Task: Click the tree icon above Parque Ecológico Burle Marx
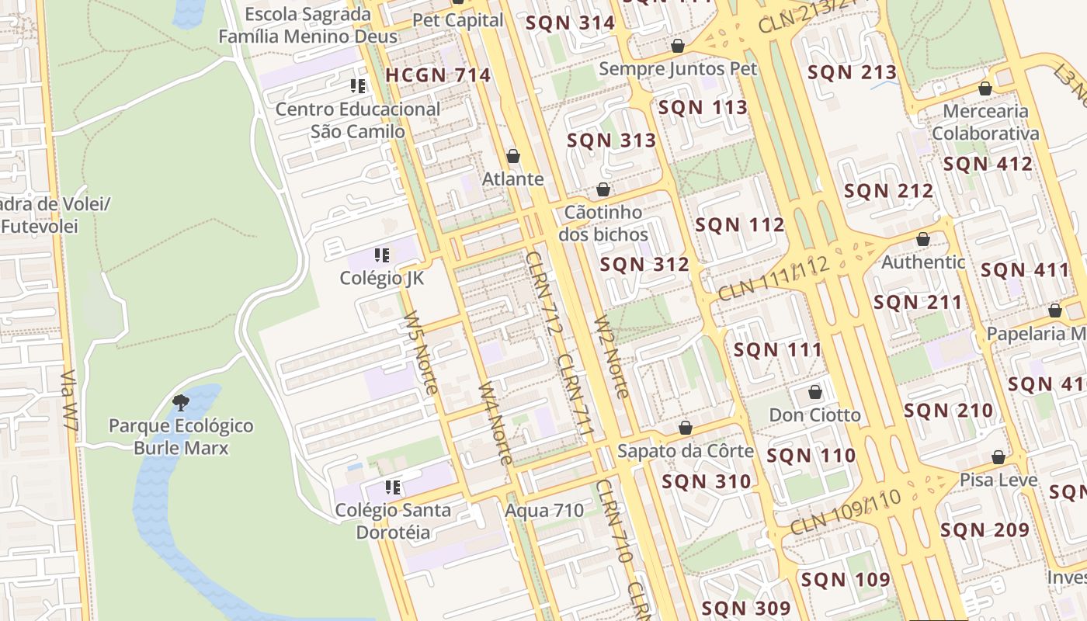[x=181, y=402]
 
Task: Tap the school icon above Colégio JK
[x=381, y=255]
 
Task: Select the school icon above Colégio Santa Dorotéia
[x=393, y=487]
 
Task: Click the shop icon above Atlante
[x=512, y=156]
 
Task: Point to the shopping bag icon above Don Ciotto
[x=815, y=392]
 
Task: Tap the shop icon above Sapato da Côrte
[x=686, y=428]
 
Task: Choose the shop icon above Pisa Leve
[x=998, y=457]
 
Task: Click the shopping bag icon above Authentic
[x=923, y=239]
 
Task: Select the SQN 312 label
[x=644, y=265]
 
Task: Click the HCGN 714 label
[x=438, y=75]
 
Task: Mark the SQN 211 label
[x=918, y=303]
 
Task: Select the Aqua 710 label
[x=544, y=511]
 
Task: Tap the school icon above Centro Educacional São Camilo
[x=357, y=86]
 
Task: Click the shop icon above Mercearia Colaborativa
[x=985, y=88]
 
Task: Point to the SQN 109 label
[x=846, y=580]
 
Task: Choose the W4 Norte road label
[x=495, y=423]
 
